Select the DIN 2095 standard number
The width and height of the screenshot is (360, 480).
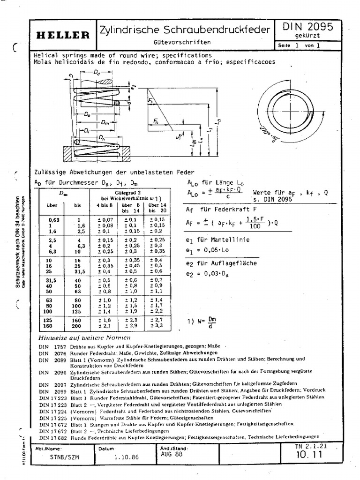pos(308,27)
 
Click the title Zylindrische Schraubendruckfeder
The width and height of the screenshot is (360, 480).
pos(185,30)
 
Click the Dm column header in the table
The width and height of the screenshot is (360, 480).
pos(63,193)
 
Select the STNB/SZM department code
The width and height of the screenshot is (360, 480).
pos(64,457)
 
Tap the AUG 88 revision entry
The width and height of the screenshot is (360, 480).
pos(172,454)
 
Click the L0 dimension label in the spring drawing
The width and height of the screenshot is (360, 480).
pos(218,123)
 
